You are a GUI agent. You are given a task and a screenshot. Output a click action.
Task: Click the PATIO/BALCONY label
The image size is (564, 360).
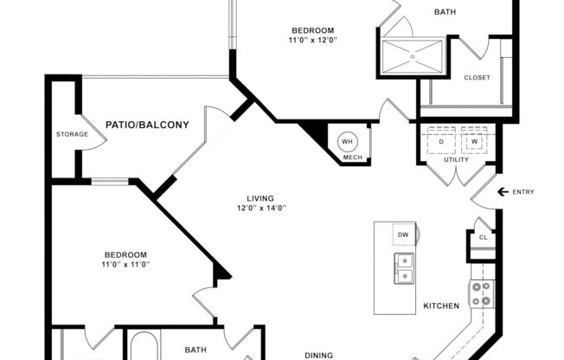coord(147,125)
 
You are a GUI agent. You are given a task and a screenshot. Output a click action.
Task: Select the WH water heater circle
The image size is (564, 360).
coord(347,142)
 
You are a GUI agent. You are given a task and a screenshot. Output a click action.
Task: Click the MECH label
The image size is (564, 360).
coord(352,157)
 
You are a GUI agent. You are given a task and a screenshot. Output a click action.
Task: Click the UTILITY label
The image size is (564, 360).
coord(456,159)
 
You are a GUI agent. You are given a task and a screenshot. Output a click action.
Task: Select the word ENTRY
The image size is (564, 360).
coord(523,192)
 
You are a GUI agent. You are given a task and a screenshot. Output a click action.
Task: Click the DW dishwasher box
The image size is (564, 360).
coord(403,235)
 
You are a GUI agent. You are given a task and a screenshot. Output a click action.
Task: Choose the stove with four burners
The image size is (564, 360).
coord(480,295)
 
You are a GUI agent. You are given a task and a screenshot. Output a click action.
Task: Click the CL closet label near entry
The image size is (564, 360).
coord(483,237)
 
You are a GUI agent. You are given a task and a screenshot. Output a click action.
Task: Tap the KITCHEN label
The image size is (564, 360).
coord(440,306)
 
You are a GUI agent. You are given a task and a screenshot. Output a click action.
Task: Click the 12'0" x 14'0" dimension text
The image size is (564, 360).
coord(261,208)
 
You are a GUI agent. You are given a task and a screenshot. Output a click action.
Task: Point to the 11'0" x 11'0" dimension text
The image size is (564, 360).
coord(126,264)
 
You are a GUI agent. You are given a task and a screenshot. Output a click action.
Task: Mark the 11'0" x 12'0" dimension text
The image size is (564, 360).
coord(312,40)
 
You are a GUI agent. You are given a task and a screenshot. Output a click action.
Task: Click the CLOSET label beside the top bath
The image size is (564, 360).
coord(477,78)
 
